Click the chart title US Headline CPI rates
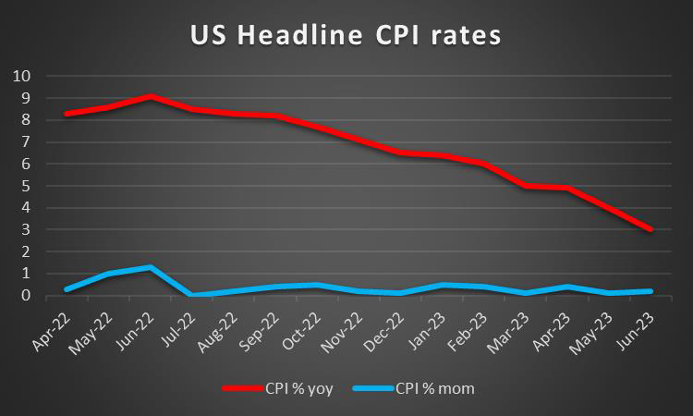tap(346, 36)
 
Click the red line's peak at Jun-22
tap(151, 96)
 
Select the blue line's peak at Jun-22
tap(151, 267)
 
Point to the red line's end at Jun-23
tap(651, 229)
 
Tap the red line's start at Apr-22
tap(66, 114)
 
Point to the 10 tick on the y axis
tap(21, 76)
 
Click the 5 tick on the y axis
tap(25, 186)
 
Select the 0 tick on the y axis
tap(25, 296)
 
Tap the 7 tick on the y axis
tap(25, 141)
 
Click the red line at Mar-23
tap(526, 186)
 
